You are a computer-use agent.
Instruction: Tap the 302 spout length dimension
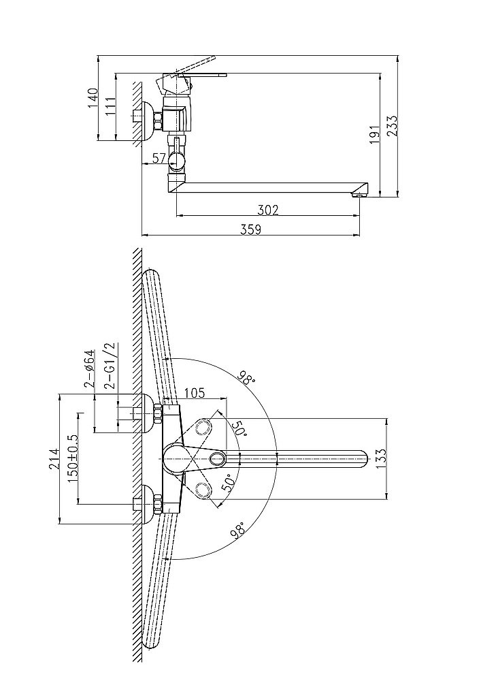(x=269, y=210)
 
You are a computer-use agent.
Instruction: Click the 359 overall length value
(x=252, y=230)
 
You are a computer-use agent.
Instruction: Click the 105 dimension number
(x=196, y=392)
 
